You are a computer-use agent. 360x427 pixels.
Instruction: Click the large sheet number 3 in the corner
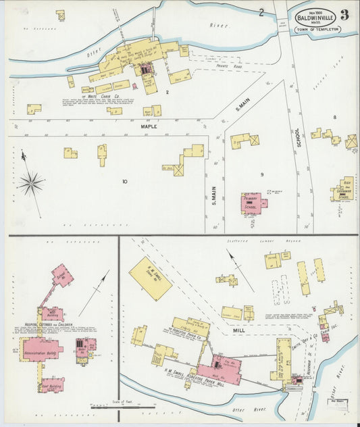pos(344,16)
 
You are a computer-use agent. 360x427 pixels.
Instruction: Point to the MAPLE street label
pos(149,126)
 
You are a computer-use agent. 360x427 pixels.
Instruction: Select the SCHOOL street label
pos(297,138)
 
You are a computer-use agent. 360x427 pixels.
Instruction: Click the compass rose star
pos(31,182)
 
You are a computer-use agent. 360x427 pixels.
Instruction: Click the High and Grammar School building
pos(345,190)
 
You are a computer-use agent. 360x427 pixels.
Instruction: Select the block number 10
pos(124,181)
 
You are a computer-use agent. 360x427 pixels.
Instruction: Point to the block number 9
pos(261,175)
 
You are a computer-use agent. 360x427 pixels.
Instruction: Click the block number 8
pos(334,118)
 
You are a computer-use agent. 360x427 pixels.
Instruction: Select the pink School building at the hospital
pos(62,276)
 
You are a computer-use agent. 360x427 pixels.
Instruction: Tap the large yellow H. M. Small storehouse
pos(150,278)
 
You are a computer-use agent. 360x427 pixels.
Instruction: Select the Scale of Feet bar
pos(115,407)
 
